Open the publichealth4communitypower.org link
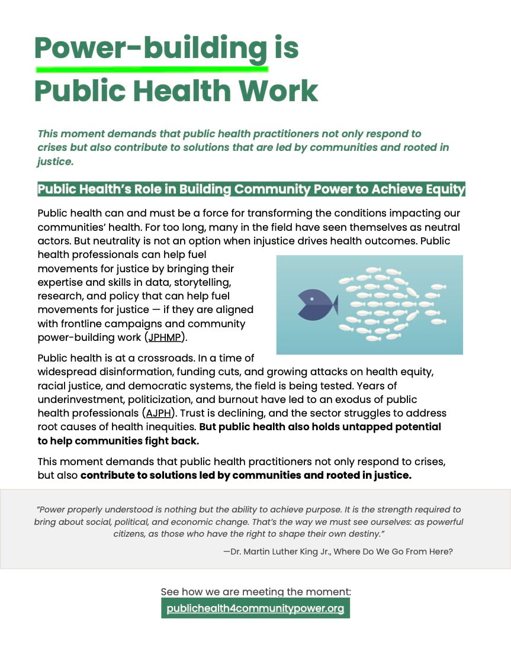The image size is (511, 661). click(x=255, y=608)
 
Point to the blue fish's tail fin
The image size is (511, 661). click(x=335, y=305)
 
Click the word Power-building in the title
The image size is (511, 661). click(x=151, y=47)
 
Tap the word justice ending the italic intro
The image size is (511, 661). click(x=54, y=161)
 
